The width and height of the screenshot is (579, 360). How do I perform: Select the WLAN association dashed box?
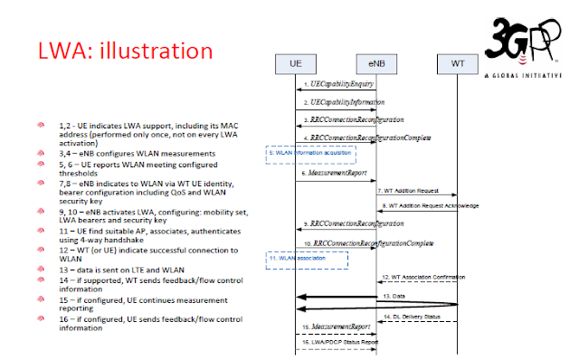coord(306,259)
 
